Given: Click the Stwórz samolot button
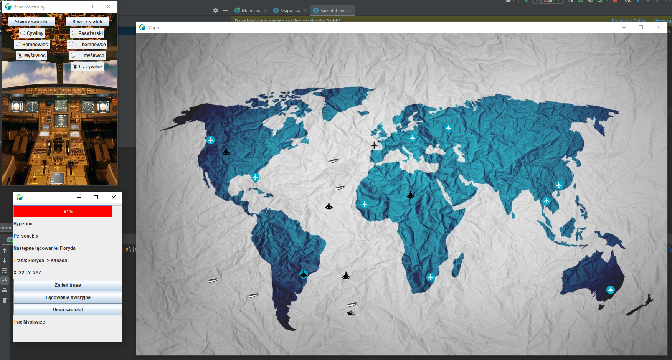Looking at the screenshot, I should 32,22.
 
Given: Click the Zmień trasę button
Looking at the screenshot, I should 68,285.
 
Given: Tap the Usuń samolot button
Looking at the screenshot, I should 68,310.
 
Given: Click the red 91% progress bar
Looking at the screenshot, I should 63,211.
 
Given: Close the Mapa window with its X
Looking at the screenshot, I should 659,27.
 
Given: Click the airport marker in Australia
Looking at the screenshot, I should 611,290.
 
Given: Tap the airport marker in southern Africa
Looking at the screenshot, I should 431,277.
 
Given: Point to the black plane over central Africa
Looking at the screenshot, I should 411,195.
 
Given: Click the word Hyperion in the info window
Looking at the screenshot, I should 23,224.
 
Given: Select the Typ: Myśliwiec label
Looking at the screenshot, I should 29,322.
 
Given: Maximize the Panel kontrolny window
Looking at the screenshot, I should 91,7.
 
